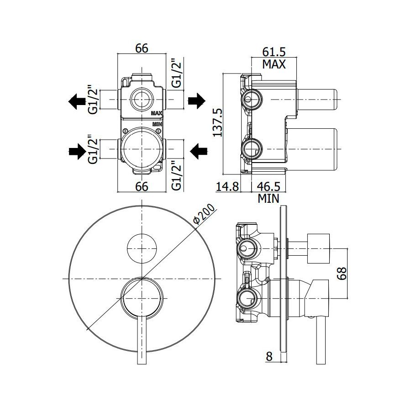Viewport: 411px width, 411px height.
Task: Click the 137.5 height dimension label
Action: coord(217,122)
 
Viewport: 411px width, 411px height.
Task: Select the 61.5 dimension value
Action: coord(274,52)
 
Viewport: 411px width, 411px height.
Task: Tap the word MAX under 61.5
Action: coord(274,64)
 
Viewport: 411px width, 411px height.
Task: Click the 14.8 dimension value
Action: coord(227,187)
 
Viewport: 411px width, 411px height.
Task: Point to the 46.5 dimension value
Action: coord(269,186)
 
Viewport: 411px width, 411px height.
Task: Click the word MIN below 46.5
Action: coord(269,199)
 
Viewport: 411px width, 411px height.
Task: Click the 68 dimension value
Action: coord(342,274)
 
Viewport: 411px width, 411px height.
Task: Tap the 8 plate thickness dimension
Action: coord(269,356)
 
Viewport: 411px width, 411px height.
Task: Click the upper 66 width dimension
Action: coord(142,48)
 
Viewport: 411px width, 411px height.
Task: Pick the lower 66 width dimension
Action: coord(142,186)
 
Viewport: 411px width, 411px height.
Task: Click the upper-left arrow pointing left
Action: coord(77,101)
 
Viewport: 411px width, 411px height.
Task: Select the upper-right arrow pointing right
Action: coord(196,101)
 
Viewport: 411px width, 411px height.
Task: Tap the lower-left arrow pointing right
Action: coord(77,151)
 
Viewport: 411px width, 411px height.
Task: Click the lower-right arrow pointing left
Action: coord(199,151)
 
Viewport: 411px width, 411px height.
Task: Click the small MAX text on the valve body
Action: coord(157,113)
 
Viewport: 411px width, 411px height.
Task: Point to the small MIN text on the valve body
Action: coord(157,124)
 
